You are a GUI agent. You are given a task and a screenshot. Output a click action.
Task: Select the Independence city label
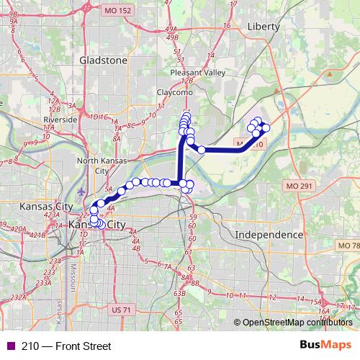tap(270, 235)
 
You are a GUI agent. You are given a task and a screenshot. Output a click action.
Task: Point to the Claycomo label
tap(173, 93)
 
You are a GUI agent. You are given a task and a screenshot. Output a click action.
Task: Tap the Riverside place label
tap(60, 119)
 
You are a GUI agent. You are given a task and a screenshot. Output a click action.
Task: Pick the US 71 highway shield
tap(122, 310)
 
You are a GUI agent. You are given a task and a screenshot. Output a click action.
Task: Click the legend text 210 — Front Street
tap(66, 346)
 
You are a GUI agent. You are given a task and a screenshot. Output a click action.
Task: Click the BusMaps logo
tap(325, 346)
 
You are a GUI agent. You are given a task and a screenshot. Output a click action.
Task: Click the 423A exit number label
tap(51, 215)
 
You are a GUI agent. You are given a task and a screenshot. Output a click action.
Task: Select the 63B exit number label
tap(180, 293)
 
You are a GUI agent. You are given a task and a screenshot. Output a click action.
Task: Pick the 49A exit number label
tap(171, 30)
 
